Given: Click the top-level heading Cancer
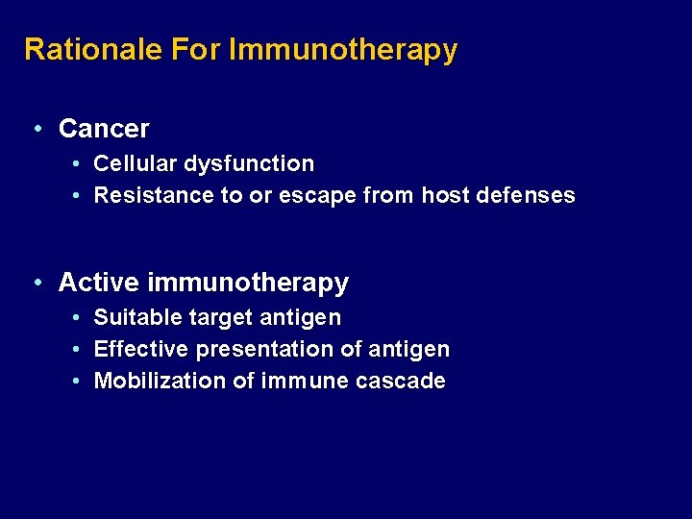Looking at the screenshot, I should point(104,128).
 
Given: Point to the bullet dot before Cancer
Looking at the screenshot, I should point(36,128).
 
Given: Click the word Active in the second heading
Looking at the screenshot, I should point(99,283).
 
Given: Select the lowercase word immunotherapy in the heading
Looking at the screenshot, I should point(248,284).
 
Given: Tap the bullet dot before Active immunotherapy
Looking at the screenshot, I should point(36,283).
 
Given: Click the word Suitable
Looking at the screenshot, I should point(133,317).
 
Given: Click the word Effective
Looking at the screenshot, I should point(140,349).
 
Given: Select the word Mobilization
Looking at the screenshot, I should point(160,381).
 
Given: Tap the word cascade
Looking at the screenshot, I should point(400,381).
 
